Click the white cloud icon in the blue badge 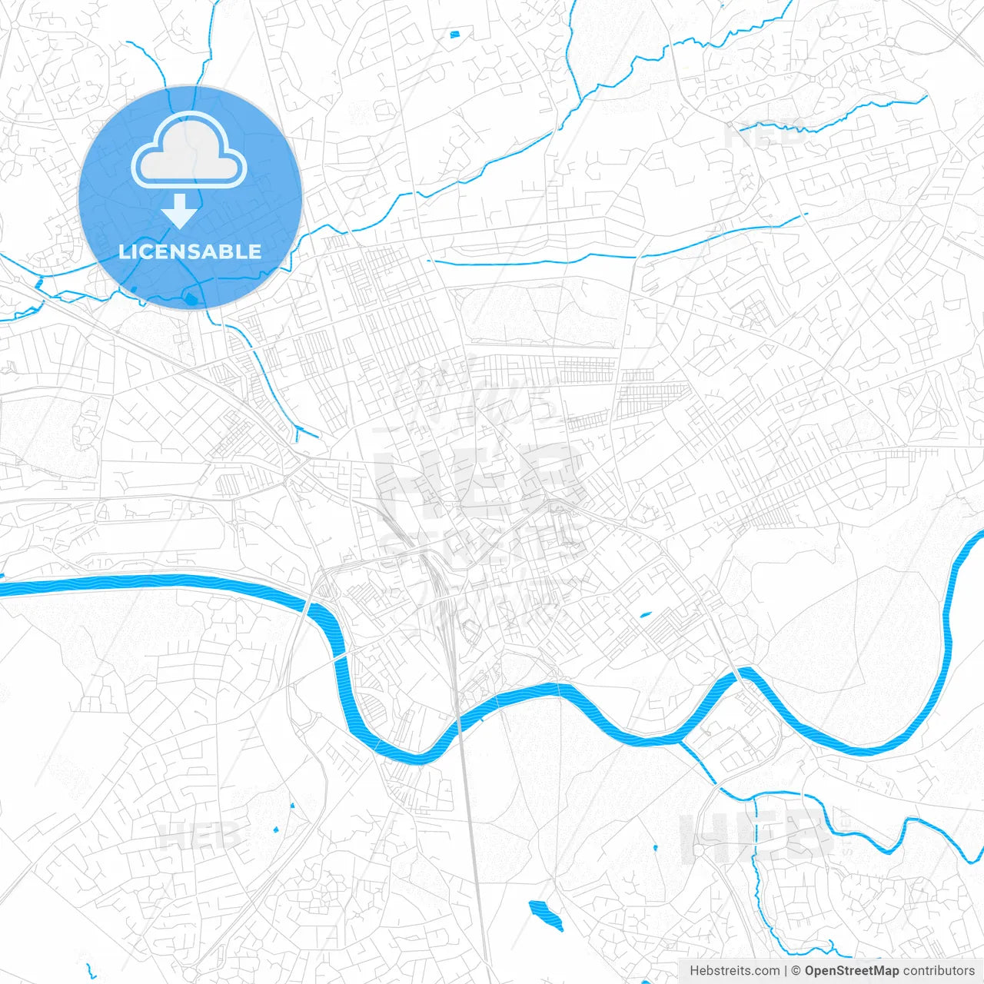point(189,151)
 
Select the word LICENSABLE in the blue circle point(190,251)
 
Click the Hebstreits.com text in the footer point(734,971)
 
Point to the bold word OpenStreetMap point(851,971)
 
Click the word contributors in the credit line point(938,971)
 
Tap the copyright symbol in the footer point(796,971)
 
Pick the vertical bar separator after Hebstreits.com point(786,971)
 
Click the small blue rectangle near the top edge point(454,34)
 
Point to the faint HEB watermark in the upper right point(757,136)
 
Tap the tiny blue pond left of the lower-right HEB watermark point(655,848)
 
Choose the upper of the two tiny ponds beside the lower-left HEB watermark point(292,806)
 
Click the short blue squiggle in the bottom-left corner point(91,972)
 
